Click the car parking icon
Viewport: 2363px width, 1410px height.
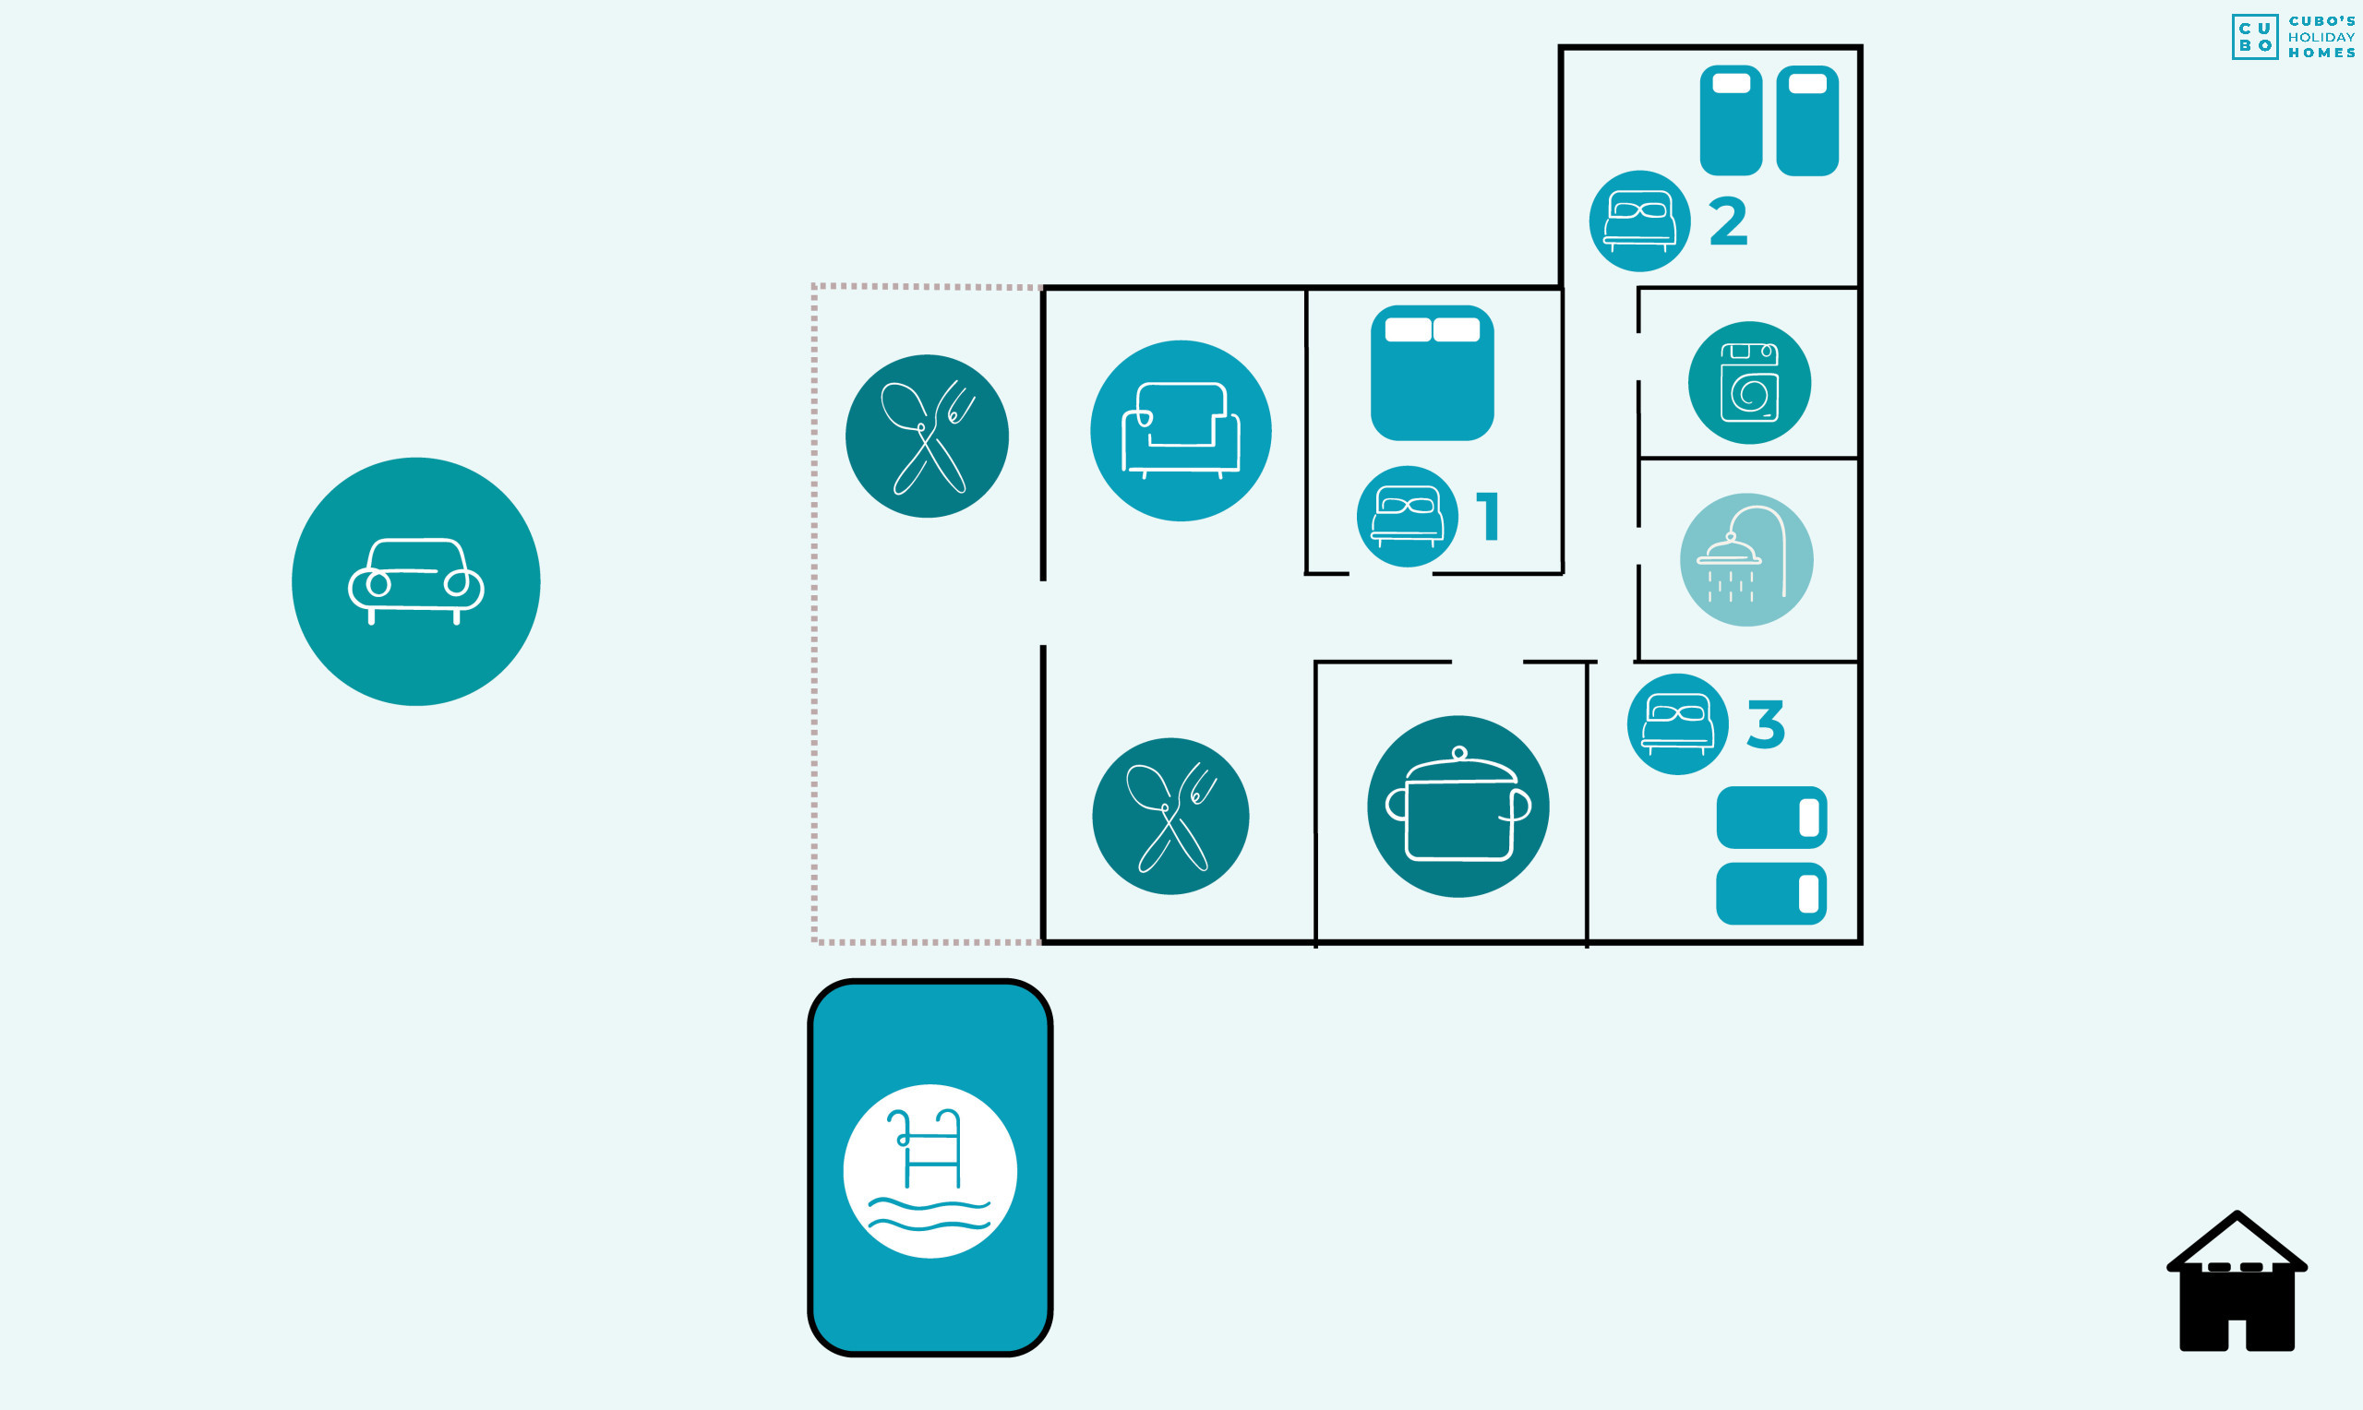(416, 581)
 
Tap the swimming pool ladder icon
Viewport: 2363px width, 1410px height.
(930, 1171)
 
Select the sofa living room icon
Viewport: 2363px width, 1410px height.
(1180, 430)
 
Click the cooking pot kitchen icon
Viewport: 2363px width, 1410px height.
(1457, 806)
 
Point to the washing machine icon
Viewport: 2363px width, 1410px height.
(1748, 383)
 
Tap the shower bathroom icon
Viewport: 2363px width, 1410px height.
(1745, 559)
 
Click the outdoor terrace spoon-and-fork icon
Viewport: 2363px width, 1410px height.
(927, 436)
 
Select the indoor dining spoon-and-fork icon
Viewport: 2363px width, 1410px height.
(1170, 816)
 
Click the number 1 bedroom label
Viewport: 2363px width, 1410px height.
(1489, 517)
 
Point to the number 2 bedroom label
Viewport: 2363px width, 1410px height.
(1727, 222)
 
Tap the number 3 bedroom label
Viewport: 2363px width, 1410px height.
(1766, 725)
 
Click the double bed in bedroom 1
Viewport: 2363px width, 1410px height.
(1432, 373)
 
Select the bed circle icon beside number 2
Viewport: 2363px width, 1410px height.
(1639, 221)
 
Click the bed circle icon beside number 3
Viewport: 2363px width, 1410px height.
(1677, 724)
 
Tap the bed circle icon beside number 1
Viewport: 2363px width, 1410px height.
(1406, 516)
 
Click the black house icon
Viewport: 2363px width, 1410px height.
(2237, 1283)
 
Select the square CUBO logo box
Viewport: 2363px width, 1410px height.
(2255, 37)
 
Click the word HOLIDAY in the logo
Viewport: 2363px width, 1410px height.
(2321, 37)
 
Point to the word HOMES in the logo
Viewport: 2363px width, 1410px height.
(2321, 54)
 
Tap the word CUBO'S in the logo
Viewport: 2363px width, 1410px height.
(2321, 21)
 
